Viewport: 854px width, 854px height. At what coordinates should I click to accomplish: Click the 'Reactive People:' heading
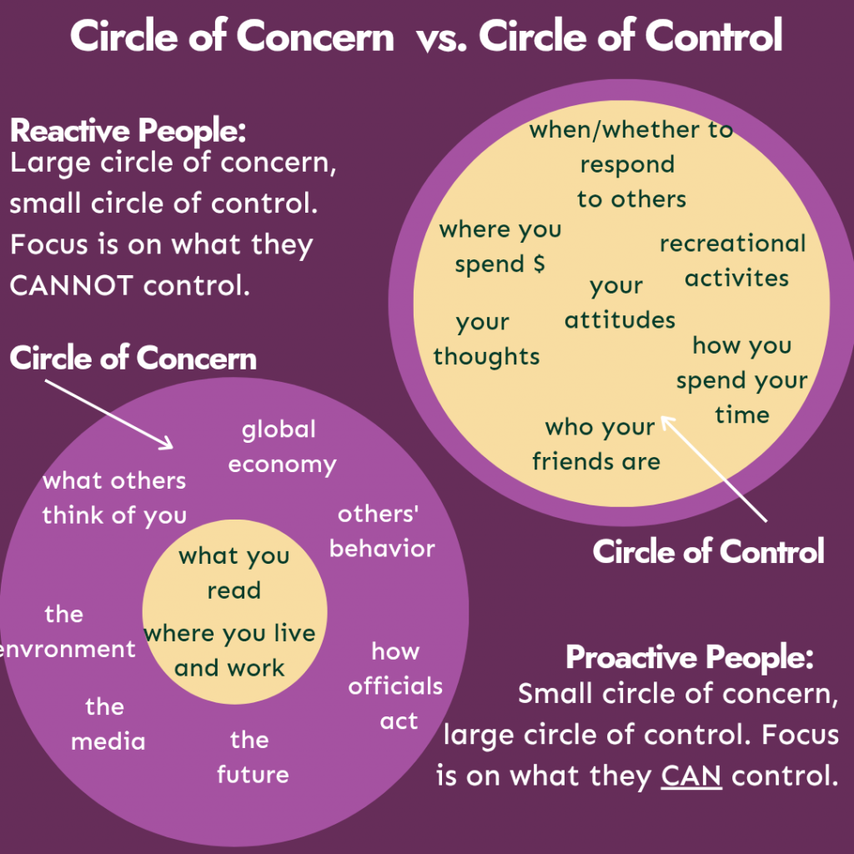click(x=128, y=132)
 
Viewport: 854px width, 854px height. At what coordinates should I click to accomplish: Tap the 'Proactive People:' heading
click(x=690, y=657)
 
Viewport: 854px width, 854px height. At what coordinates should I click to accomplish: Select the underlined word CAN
click(x=691, y=776)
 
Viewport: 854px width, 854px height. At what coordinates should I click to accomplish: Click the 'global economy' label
click(x=281, y=447)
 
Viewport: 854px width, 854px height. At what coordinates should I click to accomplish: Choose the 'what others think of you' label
click(x=114, y=498)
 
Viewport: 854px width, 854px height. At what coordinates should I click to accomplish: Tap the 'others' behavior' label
click(x=382, y=531)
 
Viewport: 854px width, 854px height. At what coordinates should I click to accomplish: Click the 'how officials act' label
click(x=395, y=686)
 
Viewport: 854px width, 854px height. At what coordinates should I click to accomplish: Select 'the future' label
click(x=252, y=757)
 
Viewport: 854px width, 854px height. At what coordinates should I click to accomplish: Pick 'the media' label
click(x=107, y=724)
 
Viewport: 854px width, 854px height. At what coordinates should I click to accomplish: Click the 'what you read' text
click(x=234, y=573)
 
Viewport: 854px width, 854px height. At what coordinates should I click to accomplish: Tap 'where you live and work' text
click(x=229, y=651)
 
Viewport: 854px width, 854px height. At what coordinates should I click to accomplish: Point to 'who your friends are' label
click(x=598, y=444)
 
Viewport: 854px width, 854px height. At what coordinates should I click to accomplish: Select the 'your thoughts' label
click(x=486, y=339)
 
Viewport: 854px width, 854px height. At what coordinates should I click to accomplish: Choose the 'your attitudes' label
click(x=619, y=303)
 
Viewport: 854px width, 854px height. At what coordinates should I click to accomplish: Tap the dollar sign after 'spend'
click(x=538, y=264)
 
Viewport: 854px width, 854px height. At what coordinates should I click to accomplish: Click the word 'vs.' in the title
click(x=436, y=38)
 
